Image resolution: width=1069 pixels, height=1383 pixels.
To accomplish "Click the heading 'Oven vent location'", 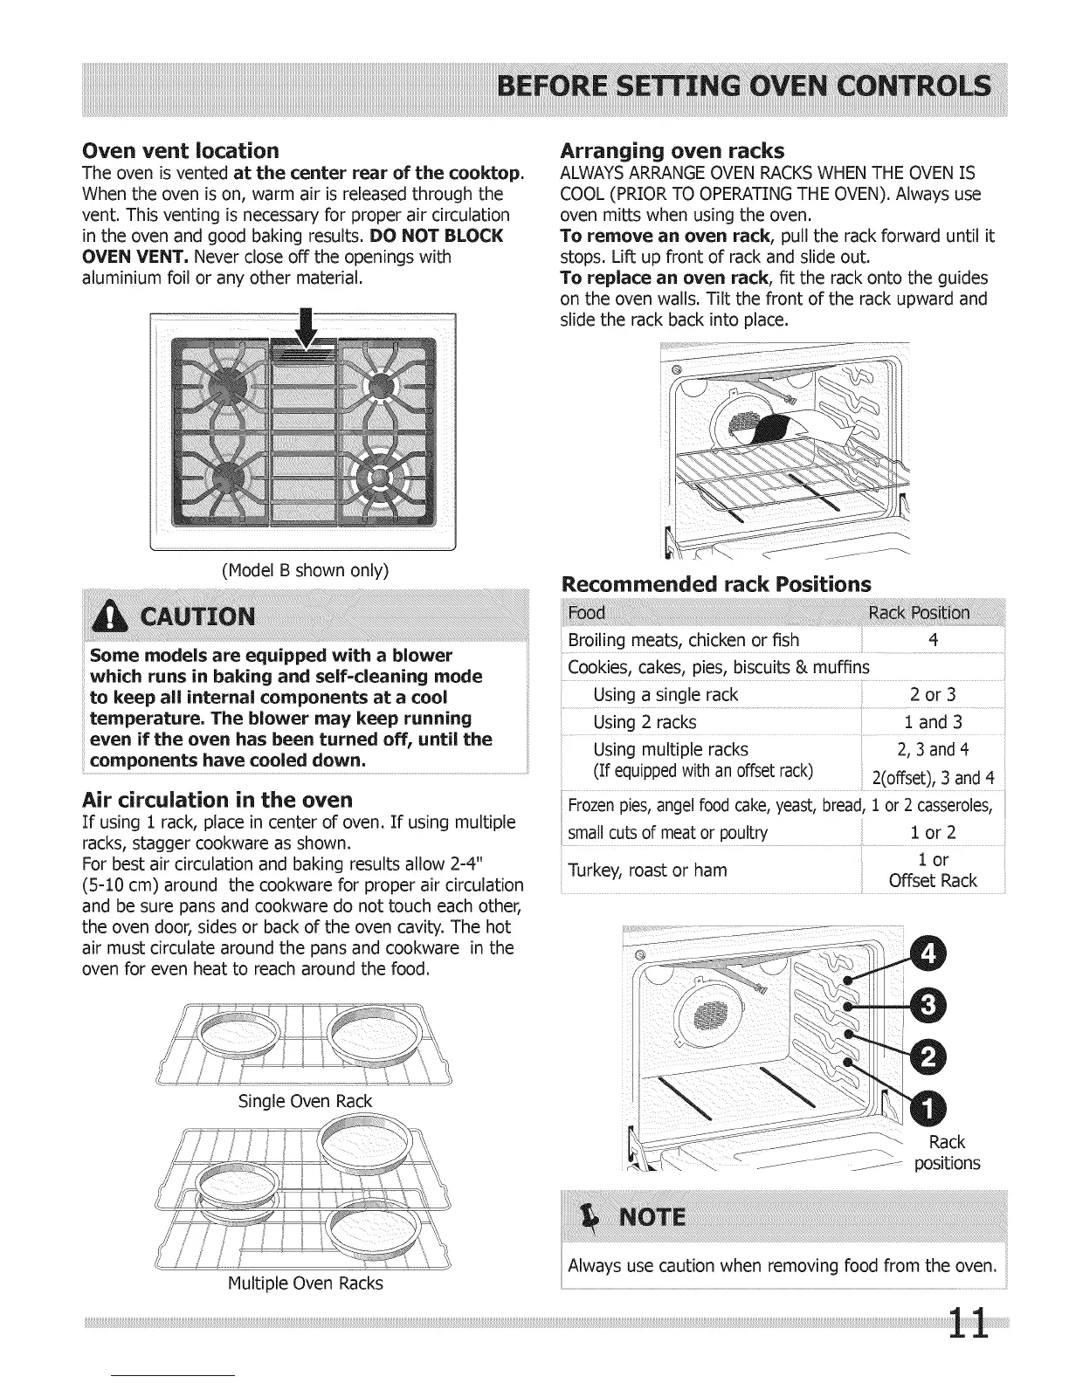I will tap(180, 150).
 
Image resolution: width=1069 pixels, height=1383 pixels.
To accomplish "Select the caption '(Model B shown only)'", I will tap(305, 570).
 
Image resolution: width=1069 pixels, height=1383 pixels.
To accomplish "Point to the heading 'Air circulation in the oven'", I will tap(217, 800).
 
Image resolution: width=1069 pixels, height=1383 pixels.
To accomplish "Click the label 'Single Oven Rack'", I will tap(305, 1101).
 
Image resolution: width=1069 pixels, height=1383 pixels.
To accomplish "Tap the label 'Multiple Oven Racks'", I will tap(305, 1283).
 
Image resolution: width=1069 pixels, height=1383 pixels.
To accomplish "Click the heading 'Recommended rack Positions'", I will tap(715, 583).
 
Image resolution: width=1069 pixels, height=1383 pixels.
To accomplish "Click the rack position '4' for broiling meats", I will tap(933, 640).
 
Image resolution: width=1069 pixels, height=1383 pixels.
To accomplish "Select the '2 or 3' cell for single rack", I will tap(933, 695).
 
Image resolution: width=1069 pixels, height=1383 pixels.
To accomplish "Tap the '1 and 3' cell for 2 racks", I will tap(933, 722).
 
